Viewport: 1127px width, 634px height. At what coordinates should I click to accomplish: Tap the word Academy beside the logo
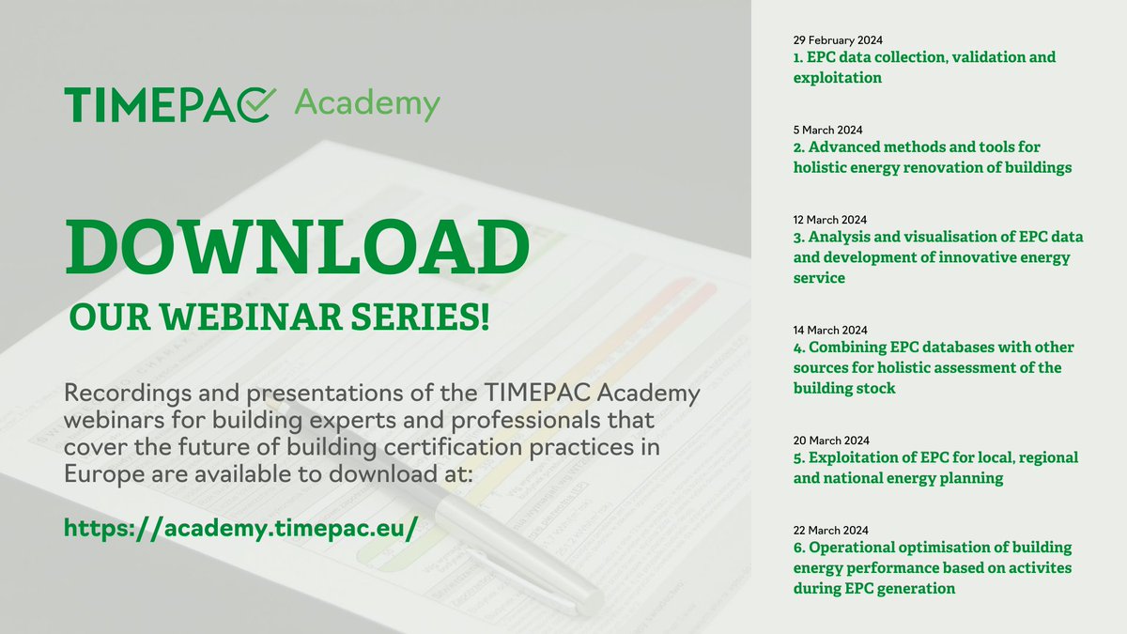point(366,103)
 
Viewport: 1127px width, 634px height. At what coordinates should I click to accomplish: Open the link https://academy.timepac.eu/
point(240,526)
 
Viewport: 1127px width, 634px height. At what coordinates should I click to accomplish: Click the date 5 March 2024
point(826,130)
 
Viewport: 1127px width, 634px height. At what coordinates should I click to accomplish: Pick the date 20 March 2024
point(830,440)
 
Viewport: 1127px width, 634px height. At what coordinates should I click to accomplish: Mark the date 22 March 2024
point(830,530)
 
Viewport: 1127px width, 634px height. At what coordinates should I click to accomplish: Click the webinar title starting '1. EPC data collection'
point(924,68)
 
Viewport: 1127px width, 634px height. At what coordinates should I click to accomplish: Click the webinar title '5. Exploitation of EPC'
point(934,468)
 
